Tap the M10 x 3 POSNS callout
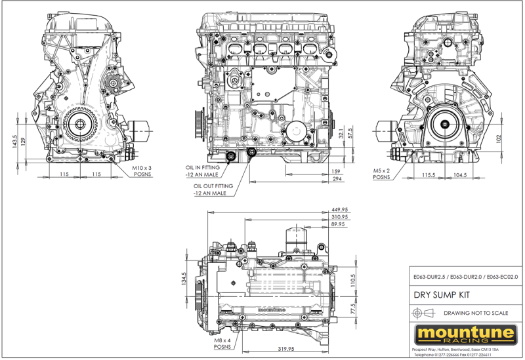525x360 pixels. (x=141, y=171)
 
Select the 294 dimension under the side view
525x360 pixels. (x=337, y=178)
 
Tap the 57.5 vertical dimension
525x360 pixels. (x=351, y=133)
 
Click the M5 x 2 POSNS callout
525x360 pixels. (x=381, y=173)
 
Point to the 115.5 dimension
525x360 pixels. (x=429, y=175)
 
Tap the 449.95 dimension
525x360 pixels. (x=339, y=210)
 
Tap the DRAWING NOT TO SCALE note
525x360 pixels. (x=474, y=313)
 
